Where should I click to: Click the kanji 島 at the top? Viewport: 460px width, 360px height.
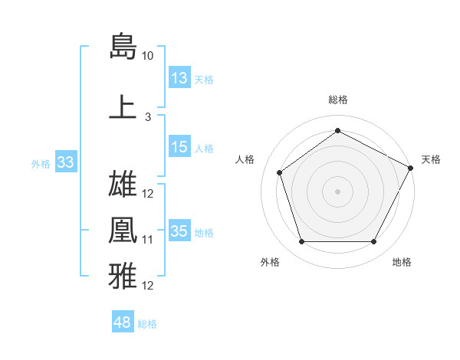click(123, 46)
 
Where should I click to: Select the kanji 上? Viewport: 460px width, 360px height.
click(123, 107)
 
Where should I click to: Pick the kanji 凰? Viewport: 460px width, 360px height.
click(123, 230)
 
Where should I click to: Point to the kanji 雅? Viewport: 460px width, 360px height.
click(123, 276)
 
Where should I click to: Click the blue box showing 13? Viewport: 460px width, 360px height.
click(179, 78)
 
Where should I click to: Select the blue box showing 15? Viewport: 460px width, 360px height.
click(179, 148)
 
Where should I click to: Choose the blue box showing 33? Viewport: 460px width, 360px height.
click(65, 162)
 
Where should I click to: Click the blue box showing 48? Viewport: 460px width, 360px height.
click(123, 323)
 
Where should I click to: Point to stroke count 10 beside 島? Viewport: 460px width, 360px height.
click(148, 56)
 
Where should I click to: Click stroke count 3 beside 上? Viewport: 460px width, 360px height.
click(148, 117)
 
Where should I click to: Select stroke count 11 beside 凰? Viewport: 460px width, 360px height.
click(148, 240)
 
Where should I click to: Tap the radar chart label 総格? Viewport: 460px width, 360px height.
click(338, 100)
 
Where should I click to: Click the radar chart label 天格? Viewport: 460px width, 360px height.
click(431, 159)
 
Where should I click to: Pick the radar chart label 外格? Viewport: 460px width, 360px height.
click(270, 263)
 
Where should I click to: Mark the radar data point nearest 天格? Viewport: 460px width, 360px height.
click(412, 168)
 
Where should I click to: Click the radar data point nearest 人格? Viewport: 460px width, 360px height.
click(279, 172)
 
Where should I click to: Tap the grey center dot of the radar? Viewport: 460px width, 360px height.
click(338, 191)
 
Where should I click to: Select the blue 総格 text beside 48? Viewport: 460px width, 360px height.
click(147, 324)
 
